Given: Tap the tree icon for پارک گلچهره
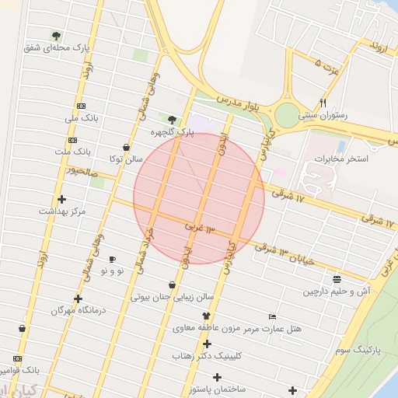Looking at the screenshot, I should [x=172, y=120].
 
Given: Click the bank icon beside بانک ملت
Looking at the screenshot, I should [x=72, y=141].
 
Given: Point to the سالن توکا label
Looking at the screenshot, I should [x=126, y=159].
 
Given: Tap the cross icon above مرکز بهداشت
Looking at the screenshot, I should [x=62, y=199].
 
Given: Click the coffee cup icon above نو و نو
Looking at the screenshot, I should [x=112, y=259].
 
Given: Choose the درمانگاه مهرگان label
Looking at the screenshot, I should [x=78, y=310].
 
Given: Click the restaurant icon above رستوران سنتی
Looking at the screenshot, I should [x=323, y=103].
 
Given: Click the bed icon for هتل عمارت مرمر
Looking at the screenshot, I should [x=271, y=316].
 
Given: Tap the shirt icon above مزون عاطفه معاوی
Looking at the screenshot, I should [x=207, y=316].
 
